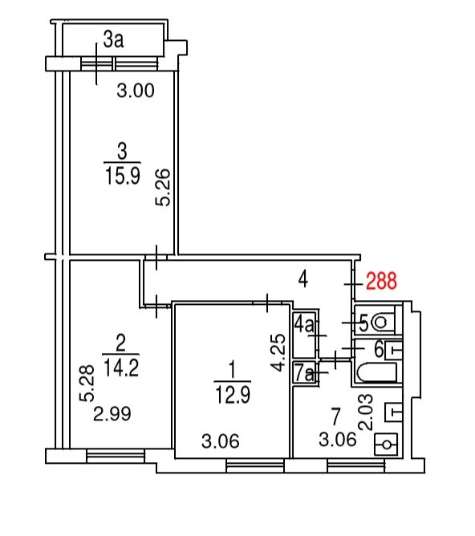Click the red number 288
381,281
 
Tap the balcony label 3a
113,39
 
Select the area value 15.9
122,177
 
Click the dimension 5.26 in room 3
163,187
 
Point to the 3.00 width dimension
136,91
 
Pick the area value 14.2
121,368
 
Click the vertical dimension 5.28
87,383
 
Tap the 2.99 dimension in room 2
112,414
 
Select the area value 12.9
233,395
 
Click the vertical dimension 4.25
278,352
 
